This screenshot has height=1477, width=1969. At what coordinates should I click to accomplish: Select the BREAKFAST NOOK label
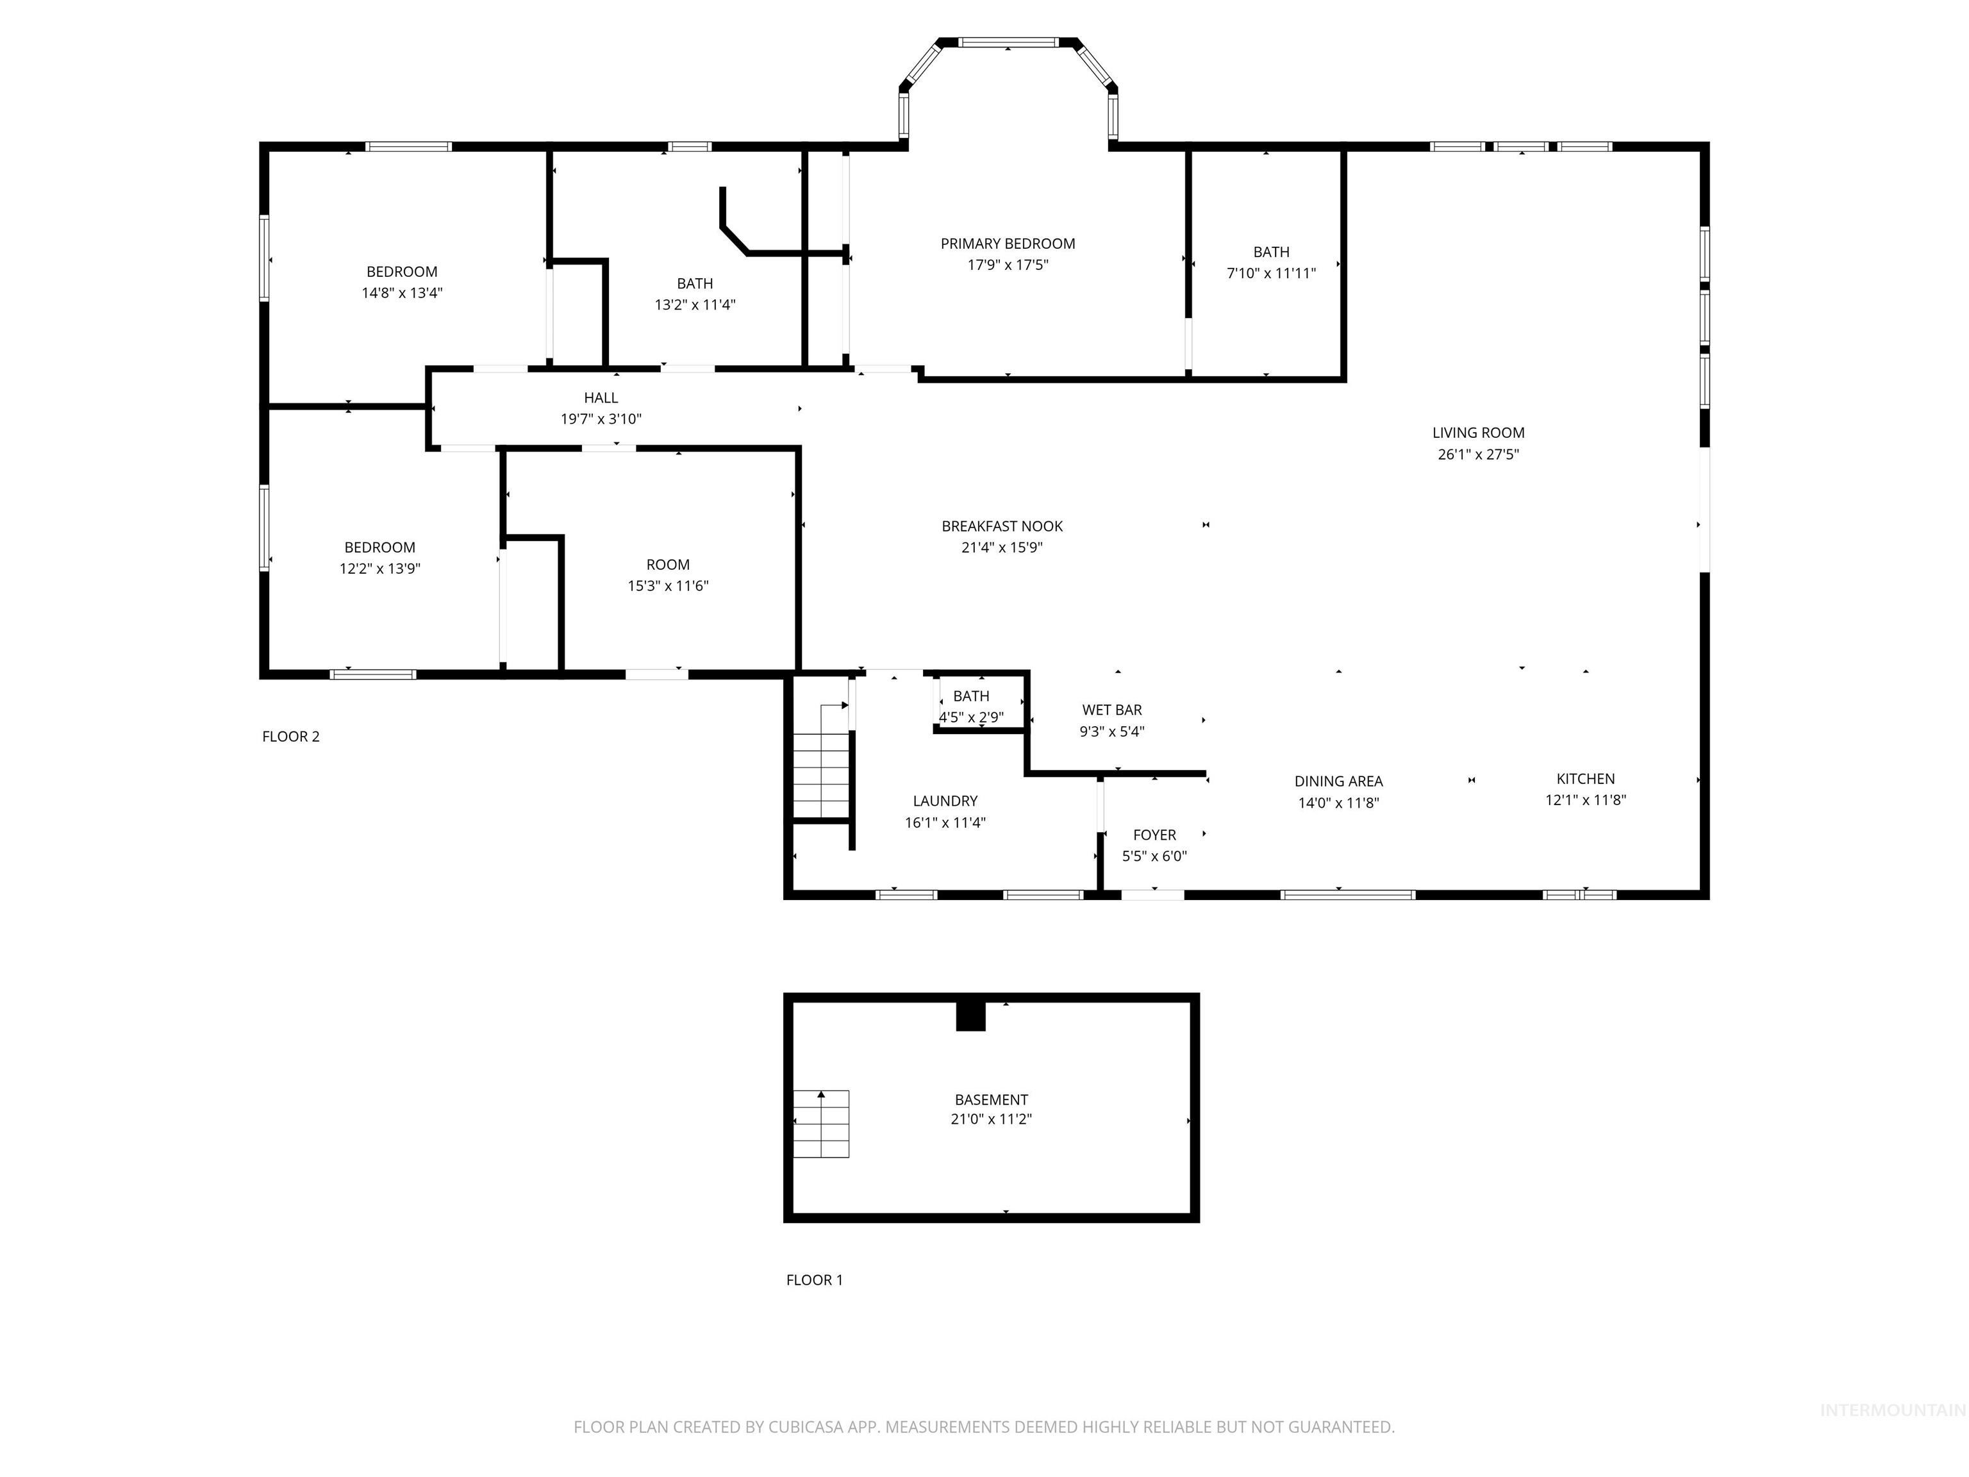coord(1002,526)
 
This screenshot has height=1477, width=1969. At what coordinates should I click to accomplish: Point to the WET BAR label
coord(1112,710)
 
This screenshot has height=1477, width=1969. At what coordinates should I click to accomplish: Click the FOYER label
coord(1154,835)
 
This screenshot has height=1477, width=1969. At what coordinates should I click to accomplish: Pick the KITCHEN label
coord(1585,779)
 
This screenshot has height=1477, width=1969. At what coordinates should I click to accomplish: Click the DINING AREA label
coord(1338,781)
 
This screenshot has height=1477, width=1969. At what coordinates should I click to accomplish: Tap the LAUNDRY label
coord(945,801)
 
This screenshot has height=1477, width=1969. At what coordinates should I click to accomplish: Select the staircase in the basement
coord(820,1124)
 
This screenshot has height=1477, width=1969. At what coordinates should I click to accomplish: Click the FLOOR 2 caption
coord(290,737)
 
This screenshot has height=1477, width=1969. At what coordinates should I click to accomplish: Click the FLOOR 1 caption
coord(813,1280)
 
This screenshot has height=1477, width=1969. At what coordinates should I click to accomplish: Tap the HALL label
coord(601,398)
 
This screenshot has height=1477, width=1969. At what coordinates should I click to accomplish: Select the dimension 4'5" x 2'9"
coord(971,717)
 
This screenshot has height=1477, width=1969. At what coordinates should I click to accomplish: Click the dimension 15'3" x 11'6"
coord(668,586)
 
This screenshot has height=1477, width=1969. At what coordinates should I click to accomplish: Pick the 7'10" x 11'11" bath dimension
coord(1271,273)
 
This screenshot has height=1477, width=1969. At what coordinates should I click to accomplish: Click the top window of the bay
coord(1008,42)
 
